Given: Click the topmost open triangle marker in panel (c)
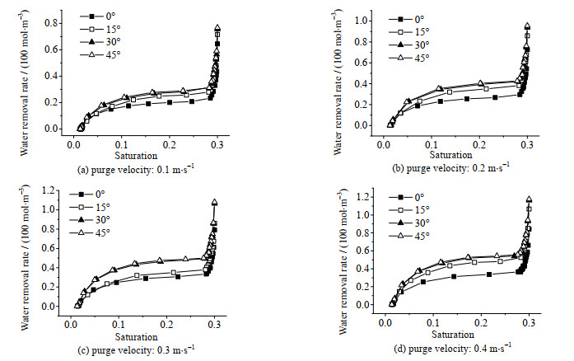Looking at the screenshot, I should tap(215, 202).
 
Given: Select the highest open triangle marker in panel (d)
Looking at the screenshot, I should tap(529, 200).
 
